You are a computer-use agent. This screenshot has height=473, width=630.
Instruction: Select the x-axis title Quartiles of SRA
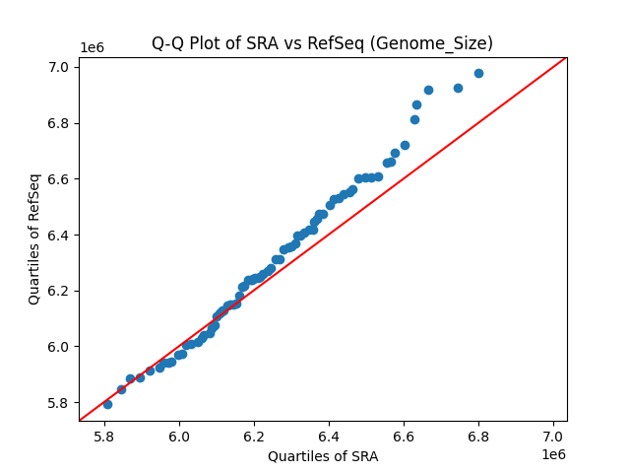point(323,456)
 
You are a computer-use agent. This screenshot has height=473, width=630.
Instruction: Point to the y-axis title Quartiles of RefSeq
point(34,238)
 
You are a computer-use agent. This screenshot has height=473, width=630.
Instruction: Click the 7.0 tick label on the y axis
point(58,67)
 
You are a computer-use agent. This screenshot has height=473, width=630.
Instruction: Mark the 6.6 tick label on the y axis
point(58,179)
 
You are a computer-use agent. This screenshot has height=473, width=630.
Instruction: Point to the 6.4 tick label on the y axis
point(58,236)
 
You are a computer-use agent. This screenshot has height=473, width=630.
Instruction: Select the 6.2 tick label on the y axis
point(58,291)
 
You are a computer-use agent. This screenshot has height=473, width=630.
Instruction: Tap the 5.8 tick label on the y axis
point(58,403)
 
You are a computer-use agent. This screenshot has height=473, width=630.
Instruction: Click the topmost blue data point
point(478,73)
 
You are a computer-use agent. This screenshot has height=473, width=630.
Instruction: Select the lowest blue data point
point(107,404)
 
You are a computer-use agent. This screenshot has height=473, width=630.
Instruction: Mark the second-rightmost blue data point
point(458,88)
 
